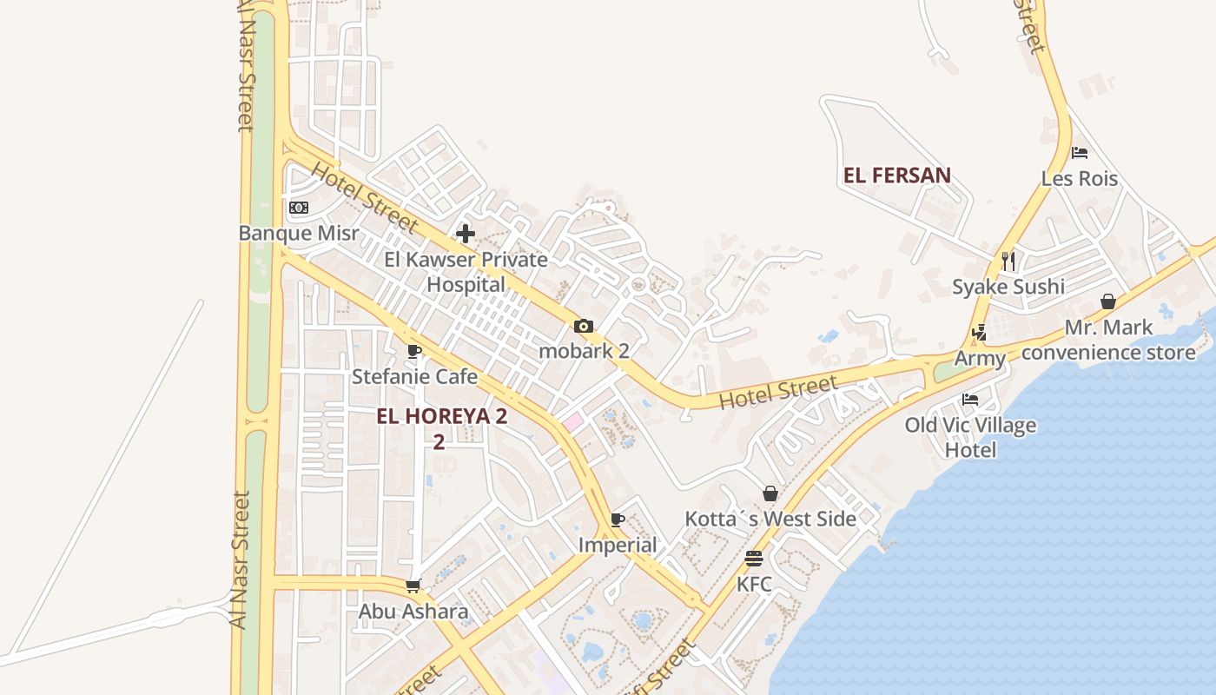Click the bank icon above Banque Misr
click(x=299, y=208)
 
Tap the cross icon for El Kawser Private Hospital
click(x=466, y=234)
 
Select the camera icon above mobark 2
click(x=584, y=327)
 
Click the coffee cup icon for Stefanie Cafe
click(x=414, y=352)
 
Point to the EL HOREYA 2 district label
click(x=441, y=416)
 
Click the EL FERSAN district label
click(x=897, y=175)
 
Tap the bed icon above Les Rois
click(x=1080, y=153)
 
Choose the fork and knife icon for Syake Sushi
click(x=1008, y=261)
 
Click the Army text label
click(x=980, y=359)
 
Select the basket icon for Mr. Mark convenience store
click(x=1108, y=302)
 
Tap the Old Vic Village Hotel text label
click(x=970, y=437)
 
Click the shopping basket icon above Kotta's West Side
click(x=770, y=494)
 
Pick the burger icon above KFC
click(x=754, y=559)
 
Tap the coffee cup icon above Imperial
click(x=618, y=520)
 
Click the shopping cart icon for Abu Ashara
click(x=414, y=586)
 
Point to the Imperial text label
click(x=618, y=546)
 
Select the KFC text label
click(x=754, y=584)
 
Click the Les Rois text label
click(x=1080, y=179)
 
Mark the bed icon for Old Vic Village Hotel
click(x=970, y=400)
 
